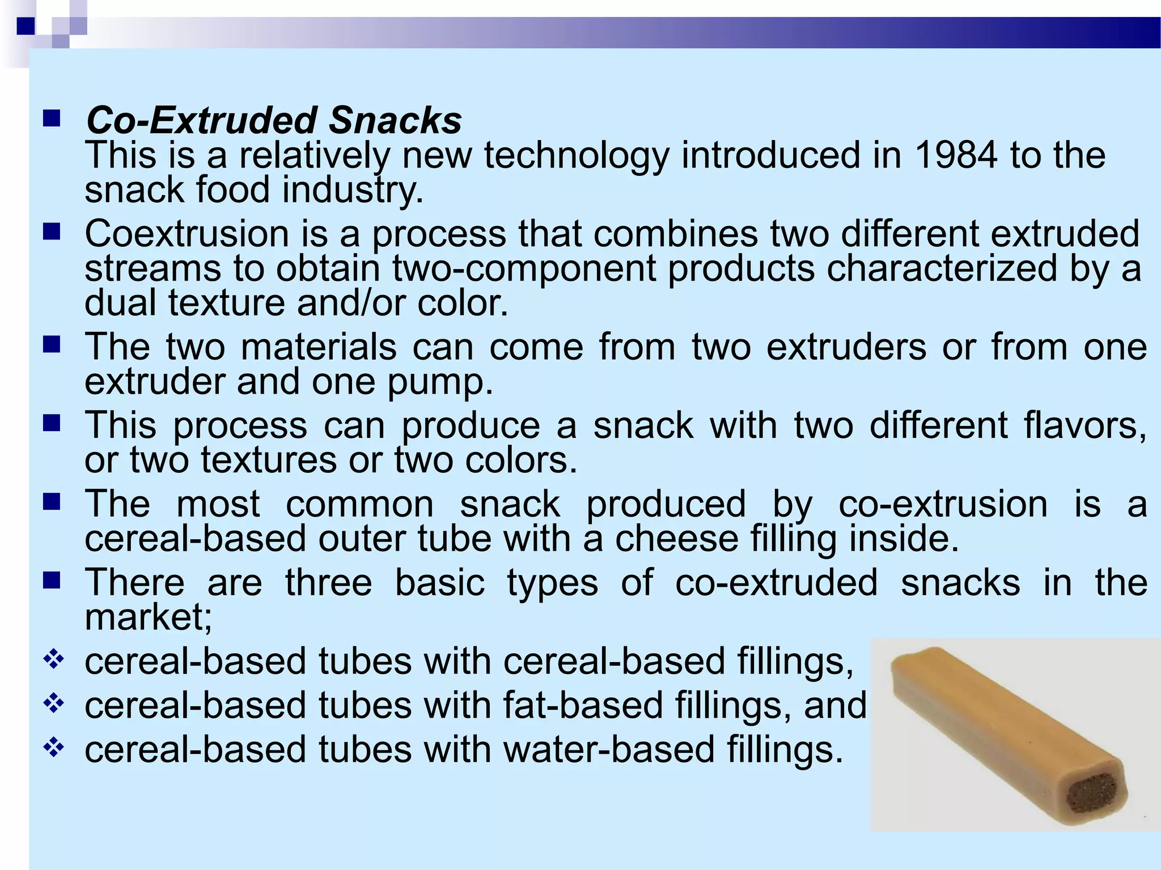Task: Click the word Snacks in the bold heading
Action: (395, 121)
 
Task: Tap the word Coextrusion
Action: (187, 234)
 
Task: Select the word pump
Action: (440, 382)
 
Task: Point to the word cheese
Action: (677, 539)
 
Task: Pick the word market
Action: (148, 617)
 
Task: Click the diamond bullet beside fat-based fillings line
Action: (53, 705)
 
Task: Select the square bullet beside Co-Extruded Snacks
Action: (52, 118)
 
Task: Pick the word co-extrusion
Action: (943, 504)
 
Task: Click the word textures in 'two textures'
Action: (269, 460)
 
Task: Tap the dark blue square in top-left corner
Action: (26, 26)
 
